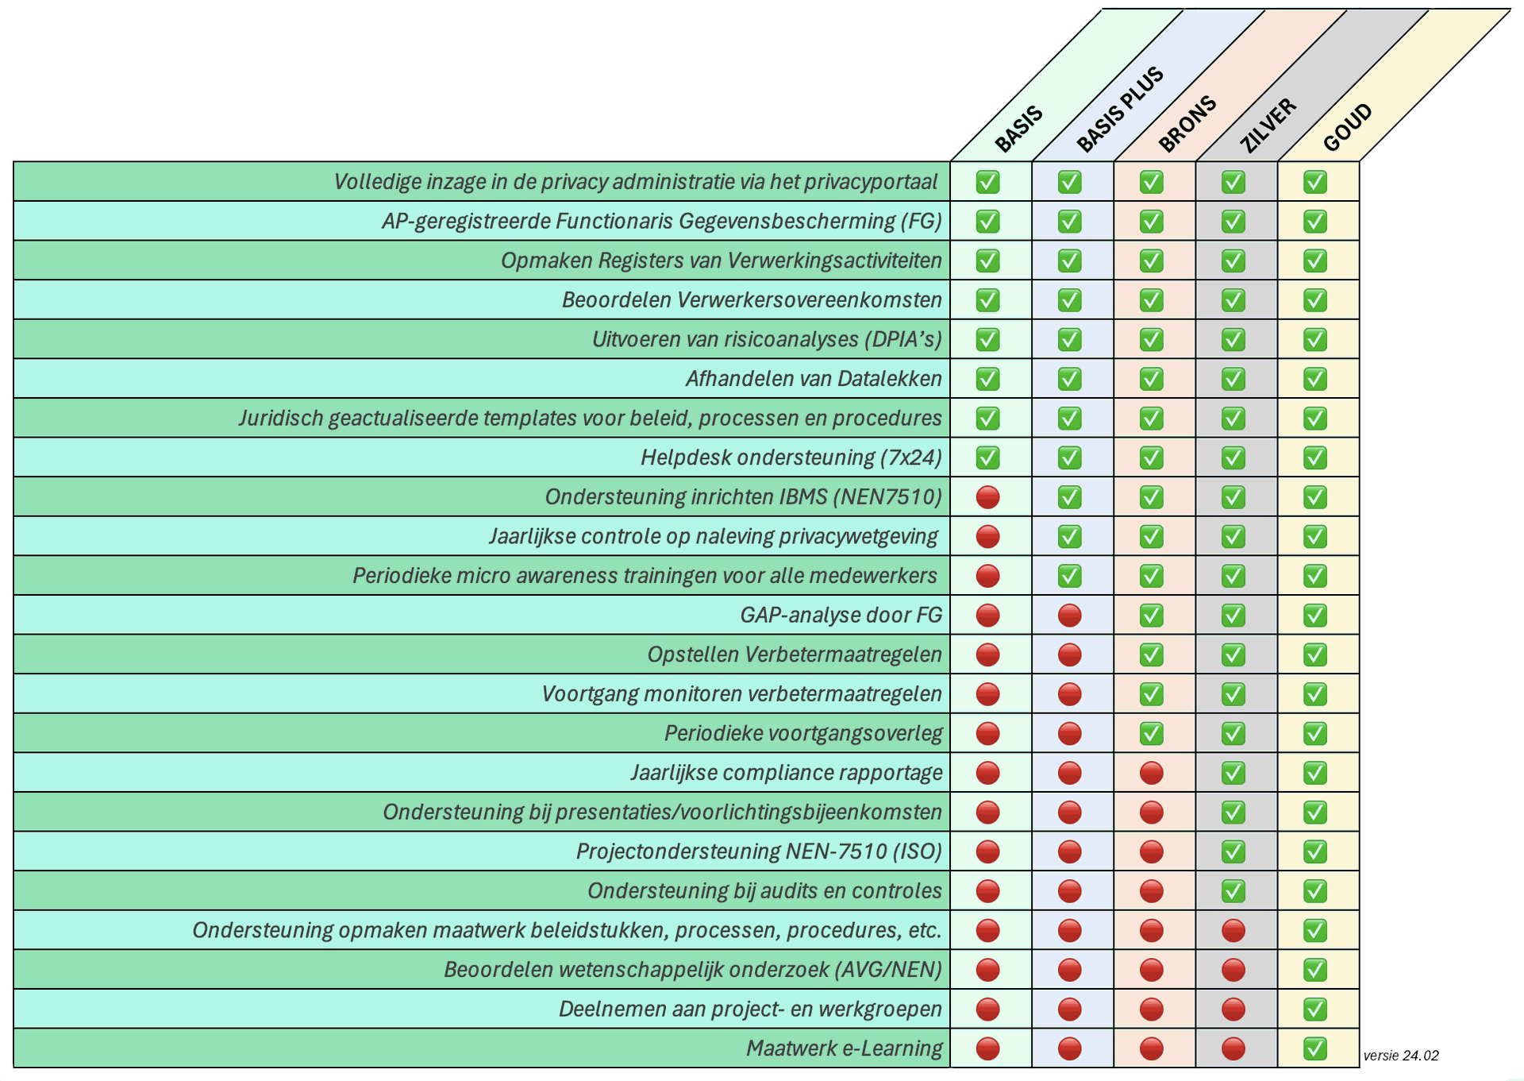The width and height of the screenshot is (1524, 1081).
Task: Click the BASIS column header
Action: (1018, 129)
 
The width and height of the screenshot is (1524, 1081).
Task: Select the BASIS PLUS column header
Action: (1119, 110)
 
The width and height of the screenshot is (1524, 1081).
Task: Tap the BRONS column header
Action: (1187, 123)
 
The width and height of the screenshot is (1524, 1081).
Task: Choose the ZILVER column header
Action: (1268, 125)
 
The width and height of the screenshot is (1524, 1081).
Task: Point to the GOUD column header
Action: (1348, 127)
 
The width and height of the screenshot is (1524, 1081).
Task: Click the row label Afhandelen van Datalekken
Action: (814, 379)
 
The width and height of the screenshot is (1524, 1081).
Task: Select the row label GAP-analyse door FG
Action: (841, 616)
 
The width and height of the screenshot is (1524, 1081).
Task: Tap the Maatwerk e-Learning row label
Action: (844, 1048)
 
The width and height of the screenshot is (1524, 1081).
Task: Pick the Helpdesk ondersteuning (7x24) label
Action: (791, 457)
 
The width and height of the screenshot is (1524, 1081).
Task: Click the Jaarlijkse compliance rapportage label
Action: (787, 773)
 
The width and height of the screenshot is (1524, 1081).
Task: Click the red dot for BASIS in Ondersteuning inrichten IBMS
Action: (987, 497)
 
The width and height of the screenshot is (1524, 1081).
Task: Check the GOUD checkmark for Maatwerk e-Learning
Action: (1315, 1048)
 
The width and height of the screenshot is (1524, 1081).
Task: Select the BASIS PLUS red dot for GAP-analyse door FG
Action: (1069, 616)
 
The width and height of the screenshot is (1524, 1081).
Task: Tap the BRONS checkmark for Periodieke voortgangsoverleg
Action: (1151, 733)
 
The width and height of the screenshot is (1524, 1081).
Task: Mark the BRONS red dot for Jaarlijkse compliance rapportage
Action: (1151, 773)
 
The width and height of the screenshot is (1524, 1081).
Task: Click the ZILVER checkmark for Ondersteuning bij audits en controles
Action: (1233, 891)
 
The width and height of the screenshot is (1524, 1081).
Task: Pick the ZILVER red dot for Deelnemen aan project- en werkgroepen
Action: (1233, 1010)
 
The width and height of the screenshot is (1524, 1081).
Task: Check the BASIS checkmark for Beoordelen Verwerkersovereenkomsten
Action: (987, 300)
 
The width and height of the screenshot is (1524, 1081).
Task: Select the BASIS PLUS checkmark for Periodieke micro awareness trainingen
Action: (1069, 576)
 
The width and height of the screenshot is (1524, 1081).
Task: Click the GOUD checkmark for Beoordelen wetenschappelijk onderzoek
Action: (1315, 970)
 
